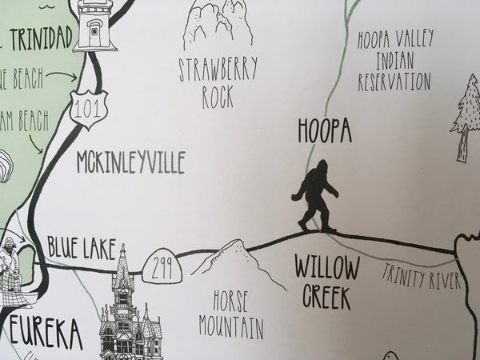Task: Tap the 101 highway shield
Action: (x=86, y=109)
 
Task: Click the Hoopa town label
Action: (x=324, y=130)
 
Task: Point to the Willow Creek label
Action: (x=326, y=282)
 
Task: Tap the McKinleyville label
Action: (x=130, y=163)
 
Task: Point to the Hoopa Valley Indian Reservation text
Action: (x=394, y=61)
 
